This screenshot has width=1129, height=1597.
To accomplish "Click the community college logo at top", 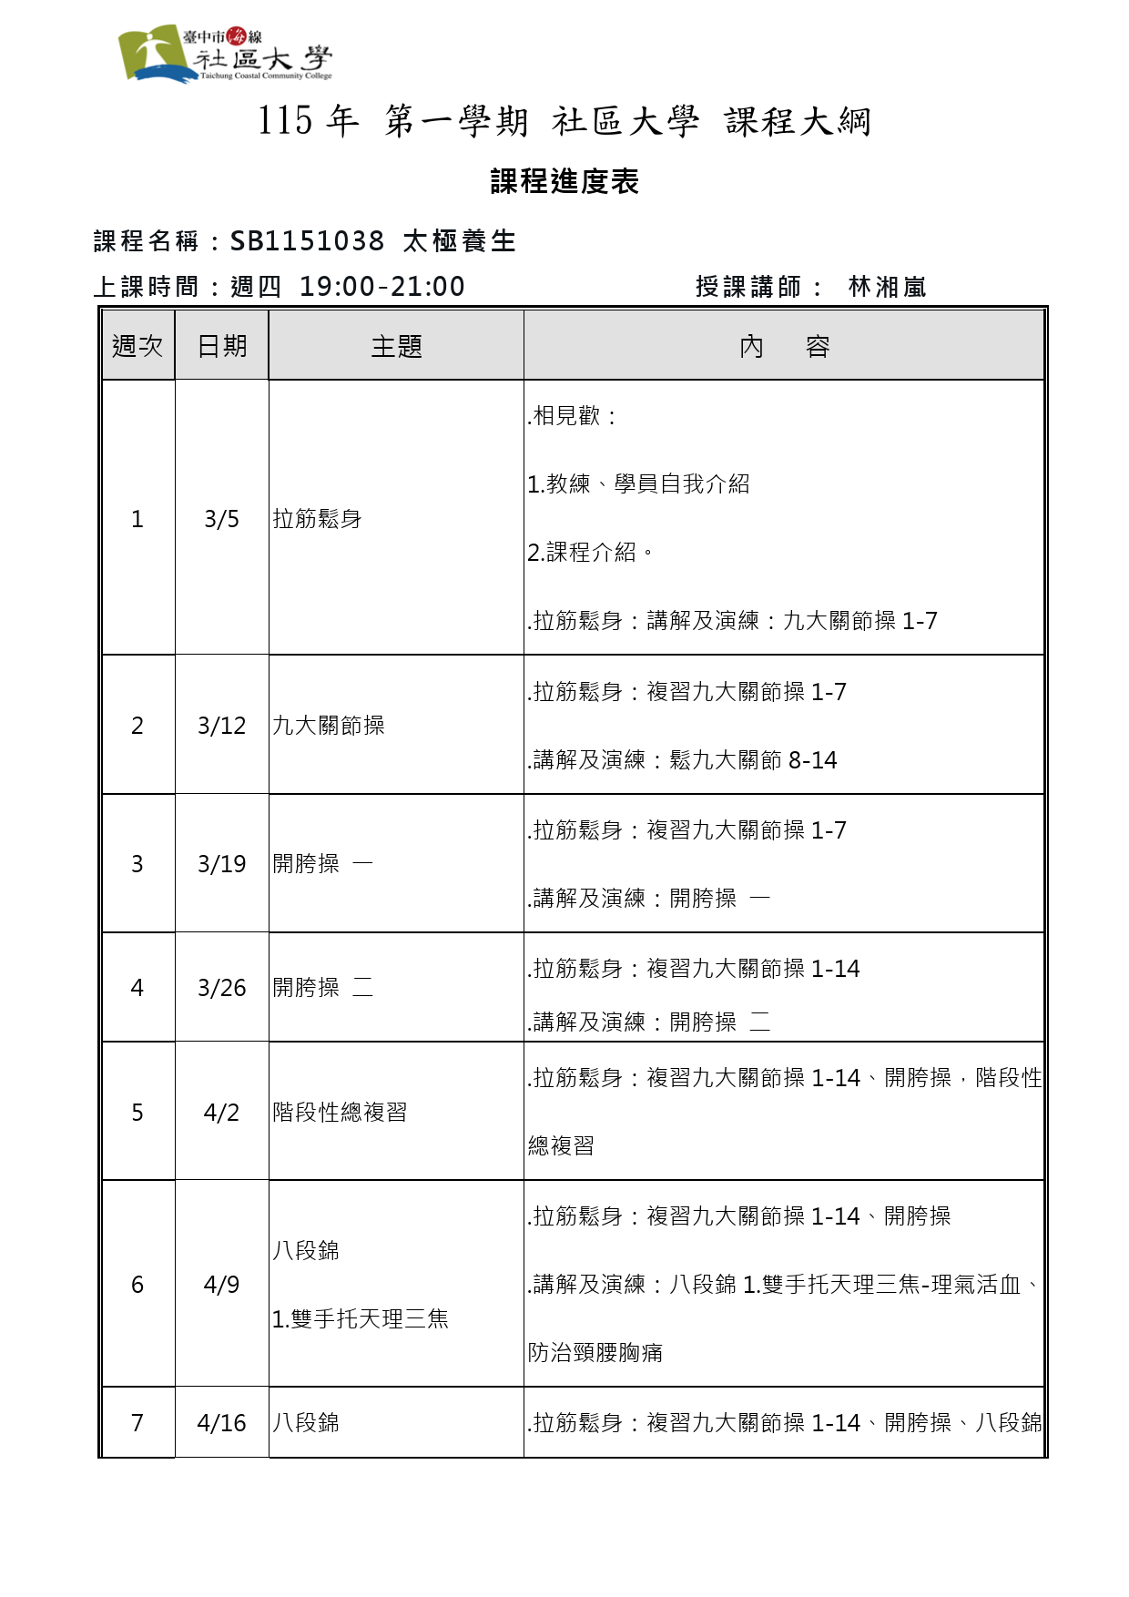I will (224, 54).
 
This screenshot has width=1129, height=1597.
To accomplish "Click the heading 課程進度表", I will (564, 181).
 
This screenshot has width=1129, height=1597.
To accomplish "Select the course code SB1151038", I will (307, 241).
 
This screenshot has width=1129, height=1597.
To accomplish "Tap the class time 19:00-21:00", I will (381, 287).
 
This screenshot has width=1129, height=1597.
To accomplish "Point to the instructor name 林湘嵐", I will (887, 288).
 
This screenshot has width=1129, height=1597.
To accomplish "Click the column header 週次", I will (137, 346).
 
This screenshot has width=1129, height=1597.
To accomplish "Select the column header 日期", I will (222, 346).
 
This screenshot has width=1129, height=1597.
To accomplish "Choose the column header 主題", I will (396, 346).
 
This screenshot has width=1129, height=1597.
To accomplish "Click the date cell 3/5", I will (221, 519).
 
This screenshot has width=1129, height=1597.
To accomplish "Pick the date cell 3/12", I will (221, 726).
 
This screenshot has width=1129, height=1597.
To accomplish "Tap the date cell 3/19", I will (221, 864).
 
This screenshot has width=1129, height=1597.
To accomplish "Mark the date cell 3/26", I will (221, 988).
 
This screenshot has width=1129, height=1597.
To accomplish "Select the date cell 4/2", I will (221, 1113).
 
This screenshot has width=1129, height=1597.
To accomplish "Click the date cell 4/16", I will (221, 1423).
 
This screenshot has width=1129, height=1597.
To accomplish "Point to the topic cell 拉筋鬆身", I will (317, 519).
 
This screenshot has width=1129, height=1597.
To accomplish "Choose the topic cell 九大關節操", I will (329, 726).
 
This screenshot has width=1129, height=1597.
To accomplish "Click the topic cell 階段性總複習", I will (340, 1113).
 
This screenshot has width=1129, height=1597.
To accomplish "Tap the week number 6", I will (137, 1285).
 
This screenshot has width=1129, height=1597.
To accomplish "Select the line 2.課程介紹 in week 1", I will (590, 553).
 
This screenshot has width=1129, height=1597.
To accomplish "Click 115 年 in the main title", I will (308, 121).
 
